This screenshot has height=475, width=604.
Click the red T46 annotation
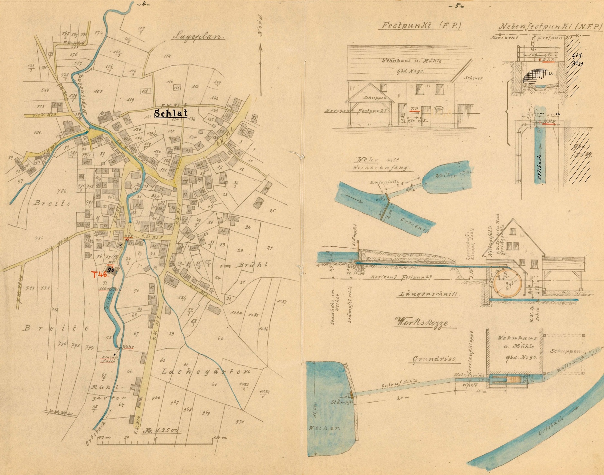(100, 274)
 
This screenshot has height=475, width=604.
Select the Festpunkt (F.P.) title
(420, 26)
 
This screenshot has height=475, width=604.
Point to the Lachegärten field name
(205, 372)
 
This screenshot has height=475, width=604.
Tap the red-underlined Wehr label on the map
(128, 347)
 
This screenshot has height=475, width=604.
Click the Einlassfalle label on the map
(108, 359)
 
